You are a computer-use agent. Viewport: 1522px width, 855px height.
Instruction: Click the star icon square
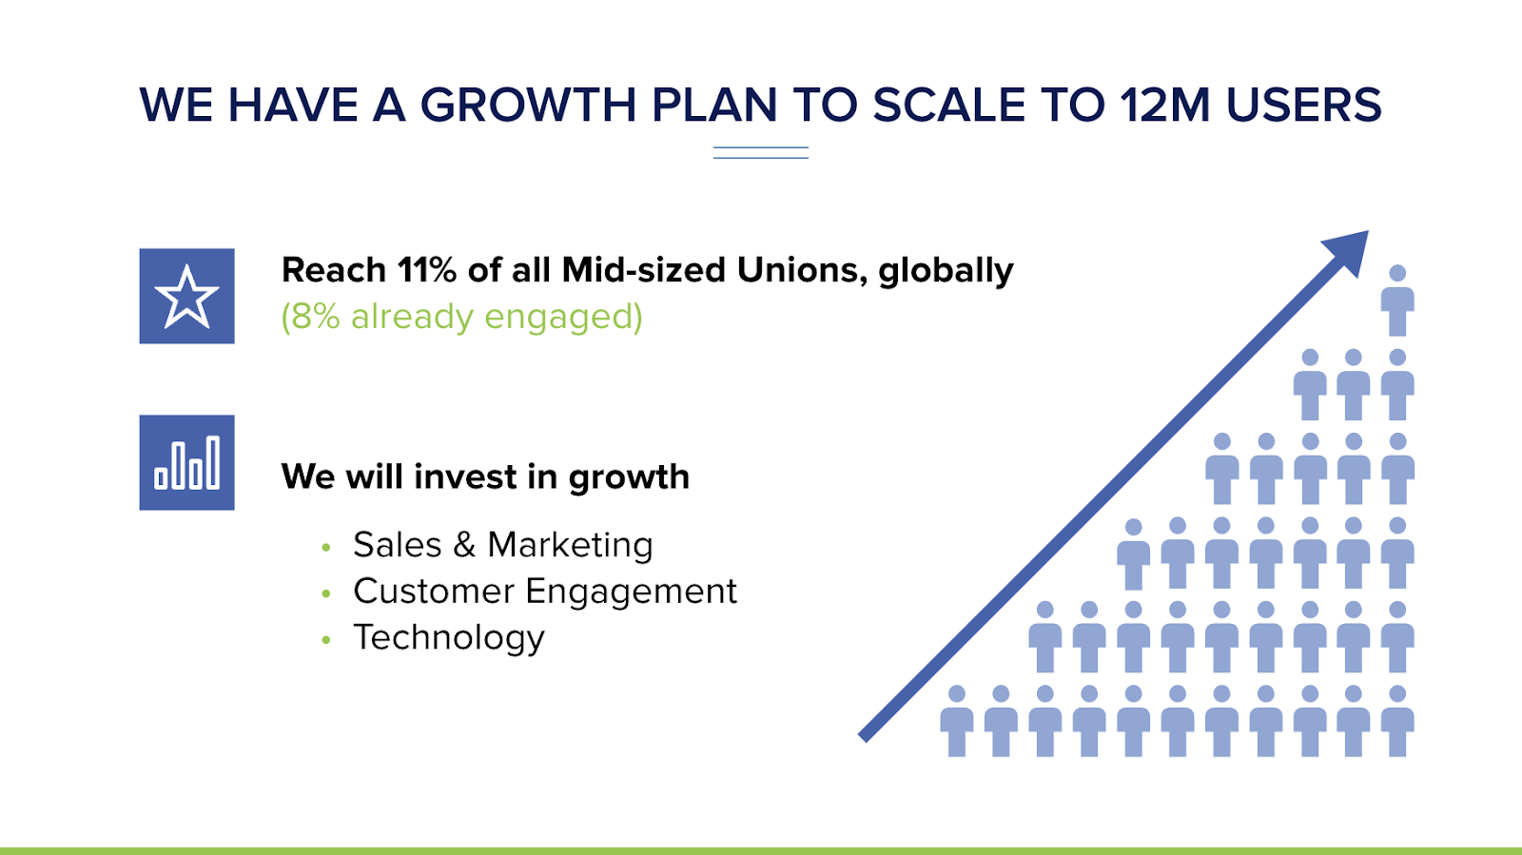(x=186, y=296)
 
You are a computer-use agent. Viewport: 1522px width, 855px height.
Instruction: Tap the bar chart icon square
(x=186, y=462)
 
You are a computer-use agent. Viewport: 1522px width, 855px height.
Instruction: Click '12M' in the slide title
(x=1164, y=106)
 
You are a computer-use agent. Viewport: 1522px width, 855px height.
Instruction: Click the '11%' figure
(x=427, y=270)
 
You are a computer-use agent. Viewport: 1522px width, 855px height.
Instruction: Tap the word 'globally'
(x=946, y=272)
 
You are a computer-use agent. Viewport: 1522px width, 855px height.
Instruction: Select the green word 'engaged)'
(x=563, y=318)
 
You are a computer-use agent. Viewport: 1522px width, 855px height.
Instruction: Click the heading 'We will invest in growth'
(x=485, y=476)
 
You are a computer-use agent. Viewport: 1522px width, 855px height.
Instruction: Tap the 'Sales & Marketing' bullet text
(x=503, y=545)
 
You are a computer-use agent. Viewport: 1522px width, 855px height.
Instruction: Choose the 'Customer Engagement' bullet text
(x=545, y=592)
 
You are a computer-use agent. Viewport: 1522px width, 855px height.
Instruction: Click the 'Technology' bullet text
(x=448, y=638)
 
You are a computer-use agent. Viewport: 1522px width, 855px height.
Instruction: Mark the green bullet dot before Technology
(x=326, y=640)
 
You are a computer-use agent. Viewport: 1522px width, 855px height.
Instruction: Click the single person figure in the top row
(x=1397, y=301)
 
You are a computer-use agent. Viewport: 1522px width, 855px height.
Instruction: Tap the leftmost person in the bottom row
(x=957, y=721)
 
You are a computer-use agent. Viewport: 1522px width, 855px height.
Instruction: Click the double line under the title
(x=761, y=153)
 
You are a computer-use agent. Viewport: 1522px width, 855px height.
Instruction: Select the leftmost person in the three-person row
(x=1310, y=384)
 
